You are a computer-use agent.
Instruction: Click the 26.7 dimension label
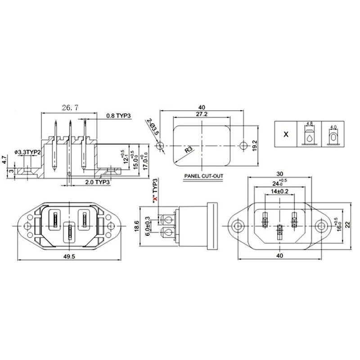[70, 108]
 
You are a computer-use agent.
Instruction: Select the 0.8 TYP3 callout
[118, 116]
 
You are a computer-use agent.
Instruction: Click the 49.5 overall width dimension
[69, 256]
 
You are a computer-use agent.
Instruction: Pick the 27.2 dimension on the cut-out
[202, 115]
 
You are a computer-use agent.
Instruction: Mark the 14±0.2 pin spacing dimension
[279, 191]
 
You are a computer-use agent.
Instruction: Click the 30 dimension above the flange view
[279, 174]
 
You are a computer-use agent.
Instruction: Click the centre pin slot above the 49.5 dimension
[70, 233]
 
